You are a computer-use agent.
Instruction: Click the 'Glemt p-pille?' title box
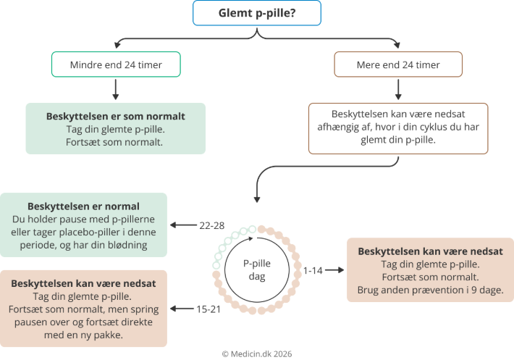[257, 14]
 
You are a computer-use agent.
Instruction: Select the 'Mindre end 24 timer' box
[116, 64]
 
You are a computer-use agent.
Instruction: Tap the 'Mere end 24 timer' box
[397, 64]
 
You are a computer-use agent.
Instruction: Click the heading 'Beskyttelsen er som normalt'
[116, 116]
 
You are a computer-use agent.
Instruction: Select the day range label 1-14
[313, 269]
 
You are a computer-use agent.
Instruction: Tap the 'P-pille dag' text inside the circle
[253, 269]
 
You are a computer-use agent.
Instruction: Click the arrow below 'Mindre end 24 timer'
[116, 89]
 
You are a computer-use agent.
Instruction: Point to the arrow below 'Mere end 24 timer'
[397, 89]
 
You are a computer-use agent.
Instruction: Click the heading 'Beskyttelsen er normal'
[84, 206]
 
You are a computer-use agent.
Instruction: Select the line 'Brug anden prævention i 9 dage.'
[430, 290]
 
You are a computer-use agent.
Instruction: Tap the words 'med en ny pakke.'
[84, 336]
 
